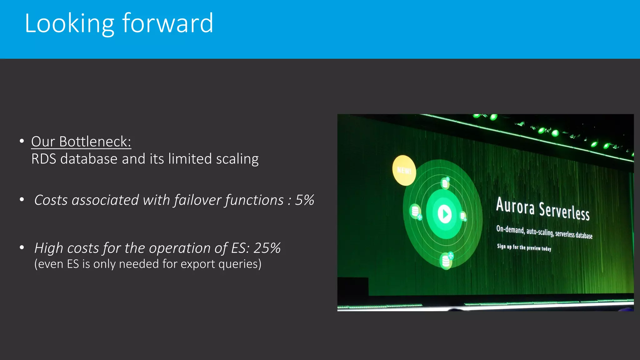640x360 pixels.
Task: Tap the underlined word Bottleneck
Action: (x=95, y=142)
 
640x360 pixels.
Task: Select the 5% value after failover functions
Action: (x=304, y=200)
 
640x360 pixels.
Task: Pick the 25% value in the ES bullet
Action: (x=267, y=248)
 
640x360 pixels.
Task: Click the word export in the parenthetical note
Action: (x=198, y=264)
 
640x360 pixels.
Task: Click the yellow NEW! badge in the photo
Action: (x=404, y=170)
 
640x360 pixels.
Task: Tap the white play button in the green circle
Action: (x=444, y=214)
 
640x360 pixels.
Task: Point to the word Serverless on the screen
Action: (x=564, y=212)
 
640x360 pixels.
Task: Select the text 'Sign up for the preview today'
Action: (x=524, y=247)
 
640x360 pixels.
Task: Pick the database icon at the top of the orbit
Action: (x=445, y=183)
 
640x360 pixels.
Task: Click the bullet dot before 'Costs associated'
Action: (x=22, y=200)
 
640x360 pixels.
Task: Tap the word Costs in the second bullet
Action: (x=51, y=200)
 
